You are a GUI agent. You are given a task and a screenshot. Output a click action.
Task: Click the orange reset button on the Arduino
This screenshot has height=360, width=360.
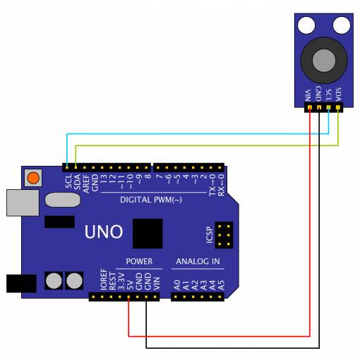pos(33,178)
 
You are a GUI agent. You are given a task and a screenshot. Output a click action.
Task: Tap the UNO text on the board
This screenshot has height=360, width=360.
pos(104,232)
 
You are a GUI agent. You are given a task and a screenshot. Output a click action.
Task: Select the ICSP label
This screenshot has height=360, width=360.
pos(210,235)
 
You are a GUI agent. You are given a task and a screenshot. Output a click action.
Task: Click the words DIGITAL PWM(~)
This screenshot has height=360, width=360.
pos(151,200)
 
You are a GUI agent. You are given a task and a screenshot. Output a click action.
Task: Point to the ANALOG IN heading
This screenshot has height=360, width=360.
pos(198,261)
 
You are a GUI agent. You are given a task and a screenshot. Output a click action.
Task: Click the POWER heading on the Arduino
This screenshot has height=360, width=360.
pos(139,261)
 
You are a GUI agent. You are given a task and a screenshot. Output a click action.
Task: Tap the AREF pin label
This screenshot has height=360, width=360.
pos(86,184)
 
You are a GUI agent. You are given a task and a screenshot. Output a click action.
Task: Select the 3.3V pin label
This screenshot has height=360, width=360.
pos(121,281)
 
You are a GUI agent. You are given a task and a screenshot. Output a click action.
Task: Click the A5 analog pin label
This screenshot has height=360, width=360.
pos(221,285)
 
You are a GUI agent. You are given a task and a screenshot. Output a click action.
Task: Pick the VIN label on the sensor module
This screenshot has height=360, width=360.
pos(308,95)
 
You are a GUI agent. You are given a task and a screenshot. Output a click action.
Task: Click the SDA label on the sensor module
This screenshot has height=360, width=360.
pos(338,94)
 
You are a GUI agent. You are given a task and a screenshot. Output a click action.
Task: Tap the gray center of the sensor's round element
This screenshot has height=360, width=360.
pos(324,61)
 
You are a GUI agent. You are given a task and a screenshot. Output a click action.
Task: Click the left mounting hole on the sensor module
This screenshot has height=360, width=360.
pos(306,25)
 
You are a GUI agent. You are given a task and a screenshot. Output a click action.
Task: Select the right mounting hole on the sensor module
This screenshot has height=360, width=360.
pos(342,25)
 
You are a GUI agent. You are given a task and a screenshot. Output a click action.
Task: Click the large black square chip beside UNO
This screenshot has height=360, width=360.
pos(148,234)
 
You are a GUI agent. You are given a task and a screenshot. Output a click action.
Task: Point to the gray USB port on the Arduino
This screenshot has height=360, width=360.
pos(23,203)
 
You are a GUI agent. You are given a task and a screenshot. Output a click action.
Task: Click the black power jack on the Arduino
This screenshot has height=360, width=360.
pos(21,284)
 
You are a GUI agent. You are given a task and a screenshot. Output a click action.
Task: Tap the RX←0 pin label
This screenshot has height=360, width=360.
pos(221,185)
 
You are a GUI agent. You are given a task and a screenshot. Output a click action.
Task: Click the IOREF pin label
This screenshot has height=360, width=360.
pos(104,279)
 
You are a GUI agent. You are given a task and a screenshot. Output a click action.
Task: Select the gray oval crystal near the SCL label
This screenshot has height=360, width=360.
pos(63,200)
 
